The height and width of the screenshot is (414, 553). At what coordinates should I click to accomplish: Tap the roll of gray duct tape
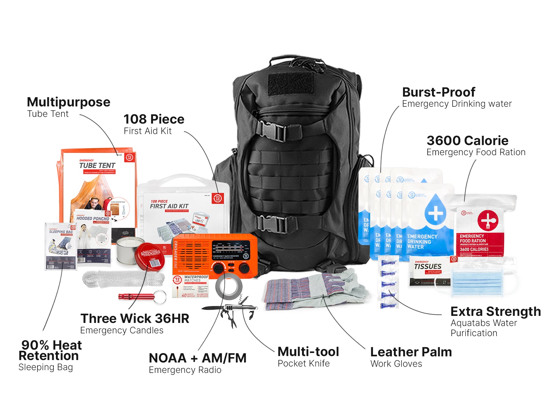[229, 287]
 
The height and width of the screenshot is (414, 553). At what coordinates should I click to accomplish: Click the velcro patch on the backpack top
[292, 84]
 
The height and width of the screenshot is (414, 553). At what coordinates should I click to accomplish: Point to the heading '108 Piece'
[154, 119]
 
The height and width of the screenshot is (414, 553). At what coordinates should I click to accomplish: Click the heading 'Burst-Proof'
[438, 92]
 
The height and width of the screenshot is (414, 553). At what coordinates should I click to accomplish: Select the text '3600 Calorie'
[467, 141]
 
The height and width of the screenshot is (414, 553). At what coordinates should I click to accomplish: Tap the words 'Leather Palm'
[411, 352]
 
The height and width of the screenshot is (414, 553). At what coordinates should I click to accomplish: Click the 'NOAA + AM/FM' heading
[198, 358]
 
